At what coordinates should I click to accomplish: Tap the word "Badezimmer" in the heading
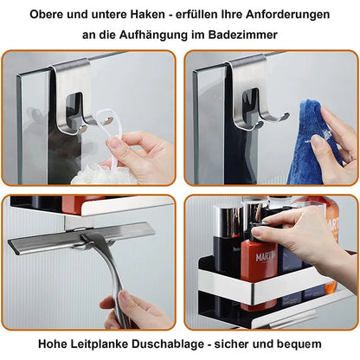coord(242,35)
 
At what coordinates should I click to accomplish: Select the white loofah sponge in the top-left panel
coord(91,176)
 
